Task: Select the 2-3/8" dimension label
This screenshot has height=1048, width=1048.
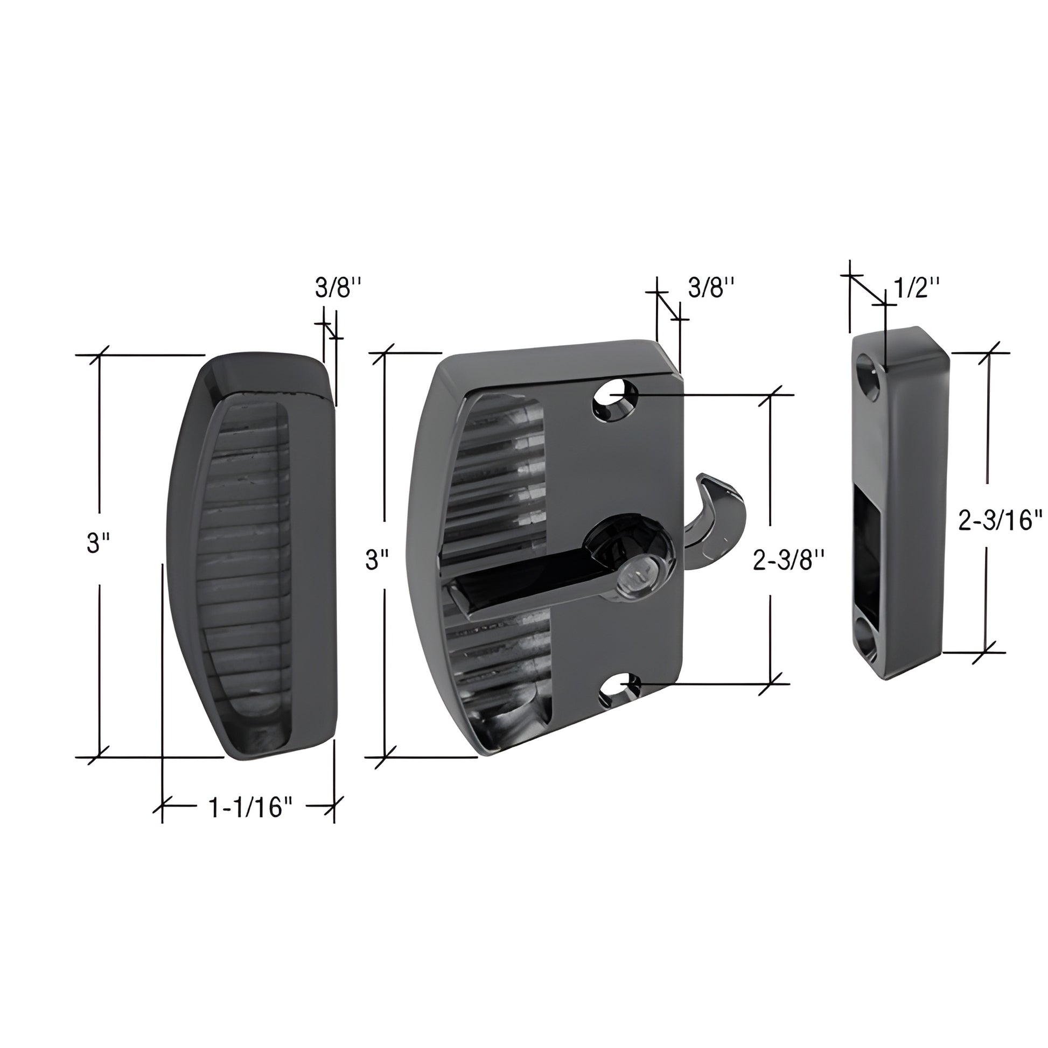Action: tap(789, 561)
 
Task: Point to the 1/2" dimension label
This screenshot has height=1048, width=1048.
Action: tap(917, 288)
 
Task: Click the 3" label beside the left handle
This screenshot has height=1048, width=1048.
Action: tap(98, 543)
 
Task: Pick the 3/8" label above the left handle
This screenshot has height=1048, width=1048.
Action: tap(338, 289)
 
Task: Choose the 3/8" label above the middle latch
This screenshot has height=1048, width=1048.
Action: tap(711, 289)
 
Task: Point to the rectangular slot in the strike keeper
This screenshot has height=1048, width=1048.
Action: tap(868, 548)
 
